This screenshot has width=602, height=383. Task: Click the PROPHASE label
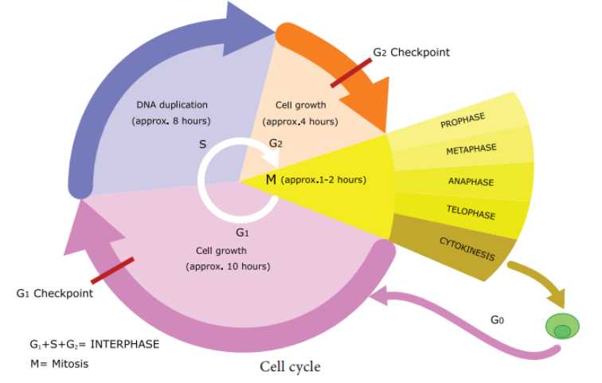click(x=463, y=120)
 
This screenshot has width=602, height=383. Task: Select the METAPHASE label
click(x=471, y=149)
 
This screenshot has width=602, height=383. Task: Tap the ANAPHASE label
click(x=471, y=182)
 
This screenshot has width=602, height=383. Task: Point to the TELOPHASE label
click(x=471, y=213)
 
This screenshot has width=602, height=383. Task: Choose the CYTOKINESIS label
click(x=467, y=248)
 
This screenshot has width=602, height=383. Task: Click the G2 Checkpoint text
click(x=411, y=53)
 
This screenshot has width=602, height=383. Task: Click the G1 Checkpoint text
click(x=54, y=294)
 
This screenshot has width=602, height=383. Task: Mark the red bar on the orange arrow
click(x=351, y=73)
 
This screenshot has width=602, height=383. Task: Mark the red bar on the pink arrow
click(x=112, y=271)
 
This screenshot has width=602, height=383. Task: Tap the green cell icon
click(x=562, y=326)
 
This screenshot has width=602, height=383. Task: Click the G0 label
click(x=497, y=319)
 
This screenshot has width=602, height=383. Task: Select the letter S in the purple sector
click(x=203, y=144)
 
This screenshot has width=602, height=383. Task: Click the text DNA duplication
click(x=172, y=105)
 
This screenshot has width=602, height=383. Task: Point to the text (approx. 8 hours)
click(x=171, y=121)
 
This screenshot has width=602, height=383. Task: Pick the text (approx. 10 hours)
click(x=228, y=266)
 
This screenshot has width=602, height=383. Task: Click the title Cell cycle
click(x=290, y=367)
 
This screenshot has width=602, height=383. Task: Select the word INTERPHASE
click(x=125, y=344)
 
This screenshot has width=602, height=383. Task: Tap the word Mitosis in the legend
click(x=70, y=364)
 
